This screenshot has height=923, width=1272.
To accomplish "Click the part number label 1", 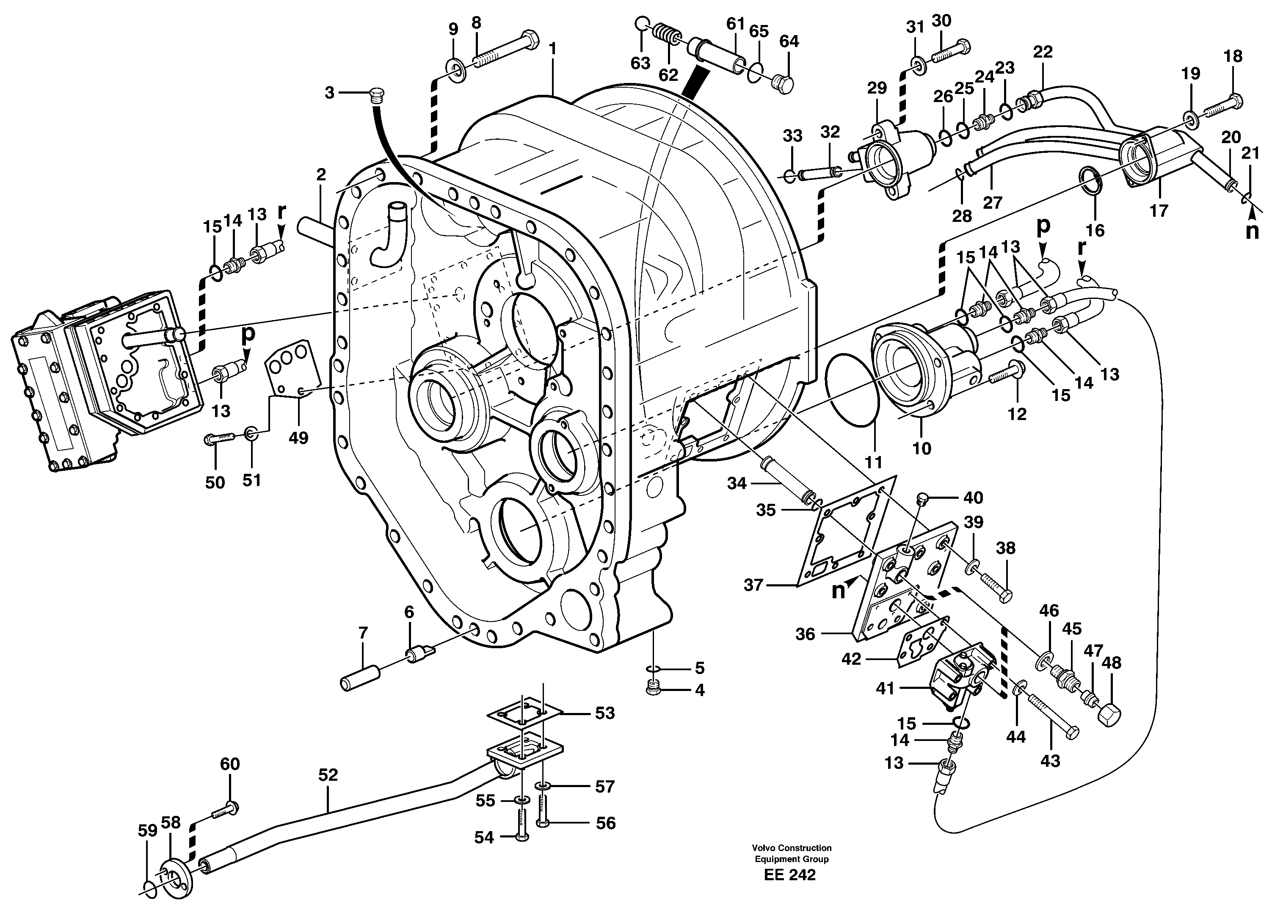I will tap(552, 50).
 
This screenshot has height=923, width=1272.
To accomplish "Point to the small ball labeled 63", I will tap(642, 24).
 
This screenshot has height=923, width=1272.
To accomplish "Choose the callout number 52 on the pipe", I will tap(328, 775).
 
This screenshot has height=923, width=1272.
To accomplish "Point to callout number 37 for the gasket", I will tap(753, 585).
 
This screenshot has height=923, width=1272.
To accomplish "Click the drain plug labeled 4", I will tap(652, 690).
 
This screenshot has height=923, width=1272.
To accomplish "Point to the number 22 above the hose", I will tap(1043, 52).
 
